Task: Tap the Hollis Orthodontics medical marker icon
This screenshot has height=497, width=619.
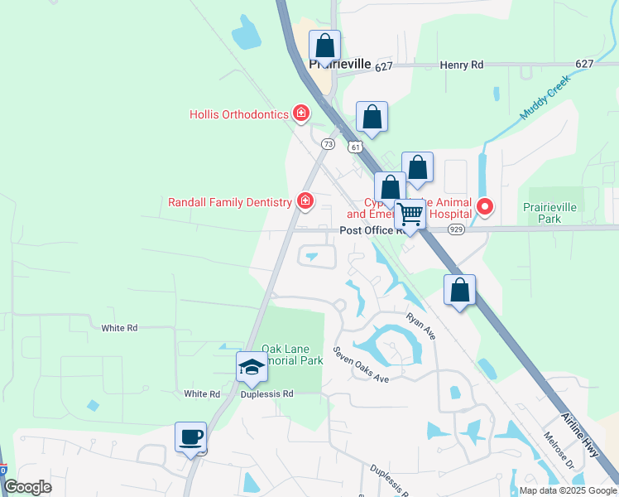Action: click(302, 114)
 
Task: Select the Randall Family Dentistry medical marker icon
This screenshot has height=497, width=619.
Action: click(305, 201)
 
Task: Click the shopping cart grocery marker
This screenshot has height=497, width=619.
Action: click(410, 215)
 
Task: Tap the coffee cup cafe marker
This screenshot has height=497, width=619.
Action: click(191, 438)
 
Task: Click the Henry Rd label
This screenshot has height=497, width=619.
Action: click(462, 65)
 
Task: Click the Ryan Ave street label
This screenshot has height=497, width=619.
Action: click(420, 326)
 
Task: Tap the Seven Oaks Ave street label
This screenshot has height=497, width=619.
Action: click(361, 364)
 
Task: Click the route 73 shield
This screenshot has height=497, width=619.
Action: click(328, 144)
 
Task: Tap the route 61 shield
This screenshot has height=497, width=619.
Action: click(354, 147)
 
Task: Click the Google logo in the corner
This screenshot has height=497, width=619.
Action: click(28, 487)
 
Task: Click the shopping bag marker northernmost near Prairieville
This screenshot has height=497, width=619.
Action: click(325, 46)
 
